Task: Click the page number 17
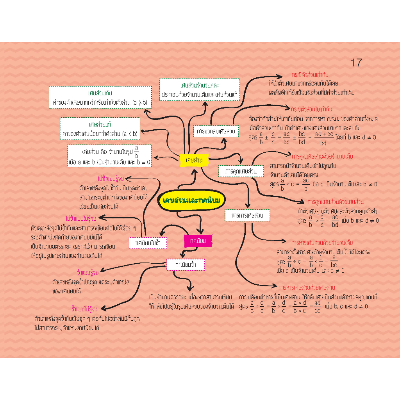[x=356, y=62]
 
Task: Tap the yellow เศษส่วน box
[x=194, y=160]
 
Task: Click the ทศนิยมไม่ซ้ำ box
[x=148, y=243]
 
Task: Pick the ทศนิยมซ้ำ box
[x=186, y=264]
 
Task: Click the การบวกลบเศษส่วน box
[x=216, y=131]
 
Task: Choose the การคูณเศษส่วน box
[x=238, y=171]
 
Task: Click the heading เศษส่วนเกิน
[x=100, y=93]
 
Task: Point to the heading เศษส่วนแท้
[x=100, y=125]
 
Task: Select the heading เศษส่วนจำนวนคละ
[x=199, y=85]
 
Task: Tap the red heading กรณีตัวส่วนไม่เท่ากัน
[x=312, y=109]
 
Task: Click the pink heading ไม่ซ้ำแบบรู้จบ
[x=111, y=179]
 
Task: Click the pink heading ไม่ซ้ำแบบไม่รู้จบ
[x=81, y=218]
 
